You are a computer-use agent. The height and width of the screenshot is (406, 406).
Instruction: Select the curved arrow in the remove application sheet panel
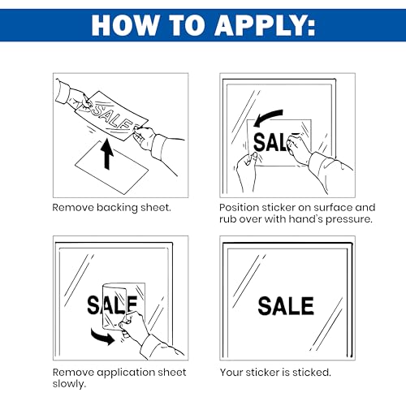tap(103, 337)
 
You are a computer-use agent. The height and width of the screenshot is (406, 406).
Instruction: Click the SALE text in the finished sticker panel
tap(286, 306)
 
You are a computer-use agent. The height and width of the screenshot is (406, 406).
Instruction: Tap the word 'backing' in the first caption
tap(117, 208)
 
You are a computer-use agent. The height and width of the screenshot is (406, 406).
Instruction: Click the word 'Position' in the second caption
tap(239, 208)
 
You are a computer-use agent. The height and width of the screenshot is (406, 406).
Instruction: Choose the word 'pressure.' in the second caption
tap(349, 219)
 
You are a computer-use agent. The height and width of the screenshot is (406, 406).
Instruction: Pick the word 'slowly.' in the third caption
tap(69, 384)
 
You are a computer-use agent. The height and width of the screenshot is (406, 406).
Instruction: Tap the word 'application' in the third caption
tap(126, 373)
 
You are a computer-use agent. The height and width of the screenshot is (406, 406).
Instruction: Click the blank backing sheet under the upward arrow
tap(111, 168)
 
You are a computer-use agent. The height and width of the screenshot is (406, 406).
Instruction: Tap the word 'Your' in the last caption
tap(231, 373)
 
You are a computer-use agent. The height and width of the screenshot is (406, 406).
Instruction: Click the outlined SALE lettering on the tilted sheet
tap(111, 116)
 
